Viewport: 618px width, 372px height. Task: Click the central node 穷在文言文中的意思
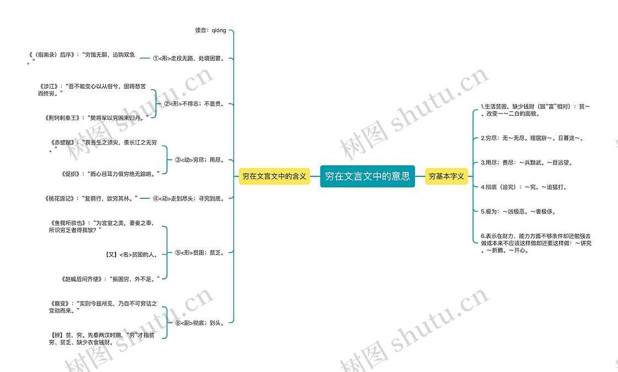coord(367,176)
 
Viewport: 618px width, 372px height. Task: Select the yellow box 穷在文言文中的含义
coord(274,176)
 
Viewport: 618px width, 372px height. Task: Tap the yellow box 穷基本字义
coord(447,176)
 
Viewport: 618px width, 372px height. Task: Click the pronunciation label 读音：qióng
coord(210,30)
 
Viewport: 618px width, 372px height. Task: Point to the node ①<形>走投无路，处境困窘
coord(188,57)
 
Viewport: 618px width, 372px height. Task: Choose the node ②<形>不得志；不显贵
coord(194,103)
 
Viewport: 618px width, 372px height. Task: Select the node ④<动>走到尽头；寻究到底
coord(188,198)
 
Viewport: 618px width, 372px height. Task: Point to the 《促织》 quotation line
coord(112,174)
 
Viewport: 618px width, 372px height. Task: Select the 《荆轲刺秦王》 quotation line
coord(97,117)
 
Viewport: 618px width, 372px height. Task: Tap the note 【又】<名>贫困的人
coord(132,255)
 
